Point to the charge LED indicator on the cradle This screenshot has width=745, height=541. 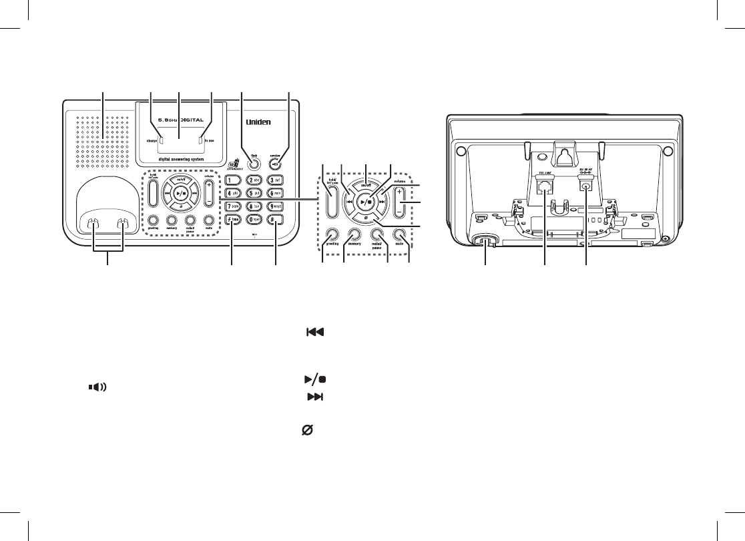(x=152, y=142)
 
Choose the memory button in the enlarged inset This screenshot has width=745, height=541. (x=354, y=234)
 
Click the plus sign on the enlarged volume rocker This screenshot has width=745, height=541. (x=401, y=191)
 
